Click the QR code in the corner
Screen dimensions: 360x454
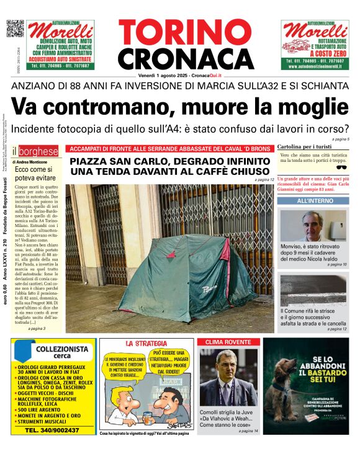pyautogui.click(x=14, y=29)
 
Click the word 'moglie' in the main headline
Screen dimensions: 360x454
pyautogui.click(x=308, y=106)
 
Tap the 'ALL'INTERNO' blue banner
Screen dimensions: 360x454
pyautogui.click(x=314, y=202)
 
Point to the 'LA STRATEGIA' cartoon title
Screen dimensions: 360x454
pyautogui.click(x=146, y=343)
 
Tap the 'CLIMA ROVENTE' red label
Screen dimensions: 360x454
pyautogui.click(x=221, y=342)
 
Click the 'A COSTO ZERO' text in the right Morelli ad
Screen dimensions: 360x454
pyautogui.click(x=315, y=55)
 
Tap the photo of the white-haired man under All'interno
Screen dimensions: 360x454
pyautogui.click(x=314, y=226)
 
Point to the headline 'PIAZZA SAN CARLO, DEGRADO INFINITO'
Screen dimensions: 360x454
pyautogui.click(x=169, y=161)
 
